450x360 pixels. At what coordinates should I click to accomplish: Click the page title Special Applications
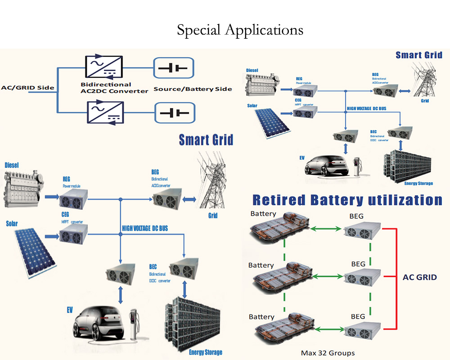[240, 30]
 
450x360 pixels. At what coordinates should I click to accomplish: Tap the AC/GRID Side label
[28, 87]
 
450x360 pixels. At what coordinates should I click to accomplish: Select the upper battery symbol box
[174, 68]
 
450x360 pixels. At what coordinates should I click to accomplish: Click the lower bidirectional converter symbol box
[104, 112]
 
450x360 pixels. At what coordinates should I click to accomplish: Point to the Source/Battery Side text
[193, 89]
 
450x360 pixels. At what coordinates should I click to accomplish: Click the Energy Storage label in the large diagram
[206, 352]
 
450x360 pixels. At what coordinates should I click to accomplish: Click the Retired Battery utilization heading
[347, 199]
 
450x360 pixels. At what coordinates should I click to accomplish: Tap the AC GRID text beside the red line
[419, 277]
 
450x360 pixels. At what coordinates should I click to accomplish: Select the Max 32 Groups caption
[327, 353]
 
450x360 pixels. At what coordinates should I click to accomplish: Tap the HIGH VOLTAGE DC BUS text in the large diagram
[145, 229]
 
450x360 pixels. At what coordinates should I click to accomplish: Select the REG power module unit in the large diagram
[74, 197]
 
